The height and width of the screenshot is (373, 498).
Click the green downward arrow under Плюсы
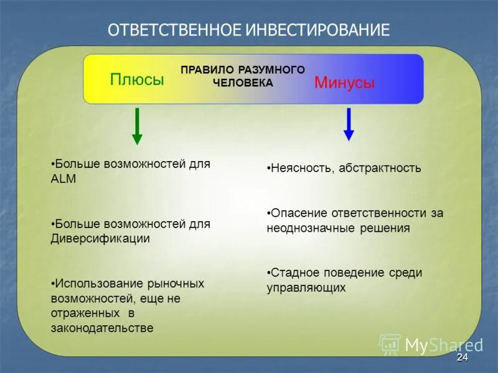coord(137,126)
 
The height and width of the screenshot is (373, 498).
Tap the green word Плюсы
coord(137,80)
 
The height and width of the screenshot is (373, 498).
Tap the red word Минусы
coord(344,83)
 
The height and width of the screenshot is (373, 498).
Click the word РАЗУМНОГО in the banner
coord(271,70)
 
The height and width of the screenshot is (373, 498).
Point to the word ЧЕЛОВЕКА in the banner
coord(243,83)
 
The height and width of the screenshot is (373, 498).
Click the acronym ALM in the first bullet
coord(63,178)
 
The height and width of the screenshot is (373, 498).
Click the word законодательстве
coord(102,328)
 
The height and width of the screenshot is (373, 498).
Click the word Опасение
coord(298,213)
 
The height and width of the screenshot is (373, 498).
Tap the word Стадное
coord(293,272)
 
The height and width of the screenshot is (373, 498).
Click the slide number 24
coord(462,357)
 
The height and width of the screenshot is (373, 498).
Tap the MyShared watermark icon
coord(390,344)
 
